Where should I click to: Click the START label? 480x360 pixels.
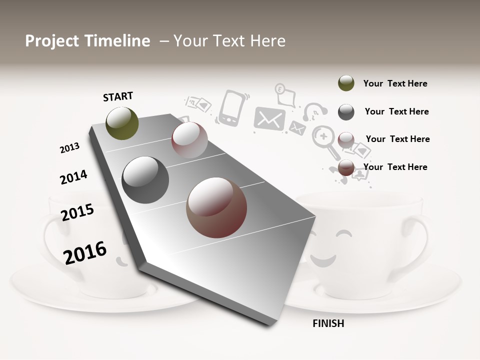tap(118, 96)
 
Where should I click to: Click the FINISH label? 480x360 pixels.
tap(328, 323)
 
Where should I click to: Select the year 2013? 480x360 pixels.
tap(69, 148)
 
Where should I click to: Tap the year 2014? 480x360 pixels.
tap(73, 177)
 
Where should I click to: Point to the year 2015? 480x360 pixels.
tap(77, 212)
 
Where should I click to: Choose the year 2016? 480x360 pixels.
tap(85, 252)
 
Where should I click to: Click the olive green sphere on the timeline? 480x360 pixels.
tap(122, 123)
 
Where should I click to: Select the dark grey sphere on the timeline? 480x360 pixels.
tap(145, 180)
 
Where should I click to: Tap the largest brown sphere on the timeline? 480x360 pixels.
tap(216, 207)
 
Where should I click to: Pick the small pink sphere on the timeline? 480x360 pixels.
tap(189, 140)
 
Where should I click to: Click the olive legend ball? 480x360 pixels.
tap(346, 83)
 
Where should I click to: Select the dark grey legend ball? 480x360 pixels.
tap(346, 111)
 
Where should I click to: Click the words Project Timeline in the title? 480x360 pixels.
tap(87, 41)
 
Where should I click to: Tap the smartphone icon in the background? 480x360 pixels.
tap(231, 107)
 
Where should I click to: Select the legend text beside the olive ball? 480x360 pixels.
tap(395, 83)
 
